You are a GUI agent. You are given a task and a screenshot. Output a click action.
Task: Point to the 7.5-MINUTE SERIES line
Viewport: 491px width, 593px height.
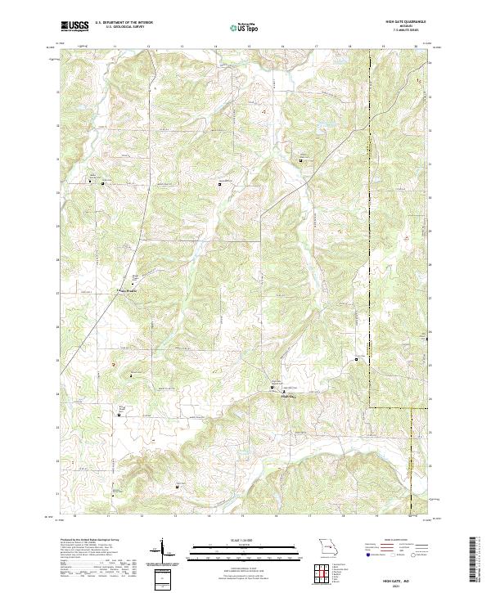point(400,31)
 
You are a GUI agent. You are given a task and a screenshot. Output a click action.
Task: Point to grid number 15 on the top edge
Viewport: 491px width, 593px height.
point(249,47)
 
